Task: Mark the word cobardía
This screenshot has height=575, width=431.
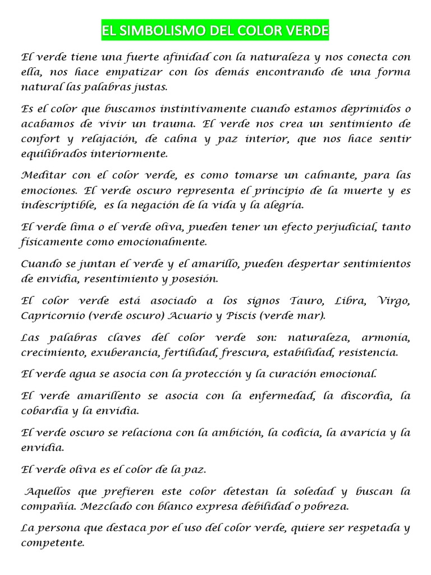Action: coord(42,410)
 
